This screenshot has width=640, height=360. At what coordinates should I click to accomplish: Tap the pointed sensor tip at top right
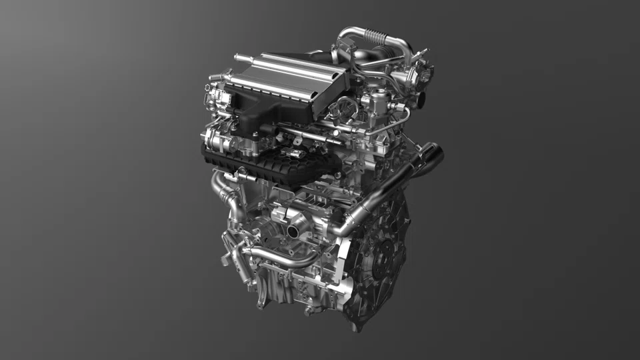pyautogui.click(x=431, y=67)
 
